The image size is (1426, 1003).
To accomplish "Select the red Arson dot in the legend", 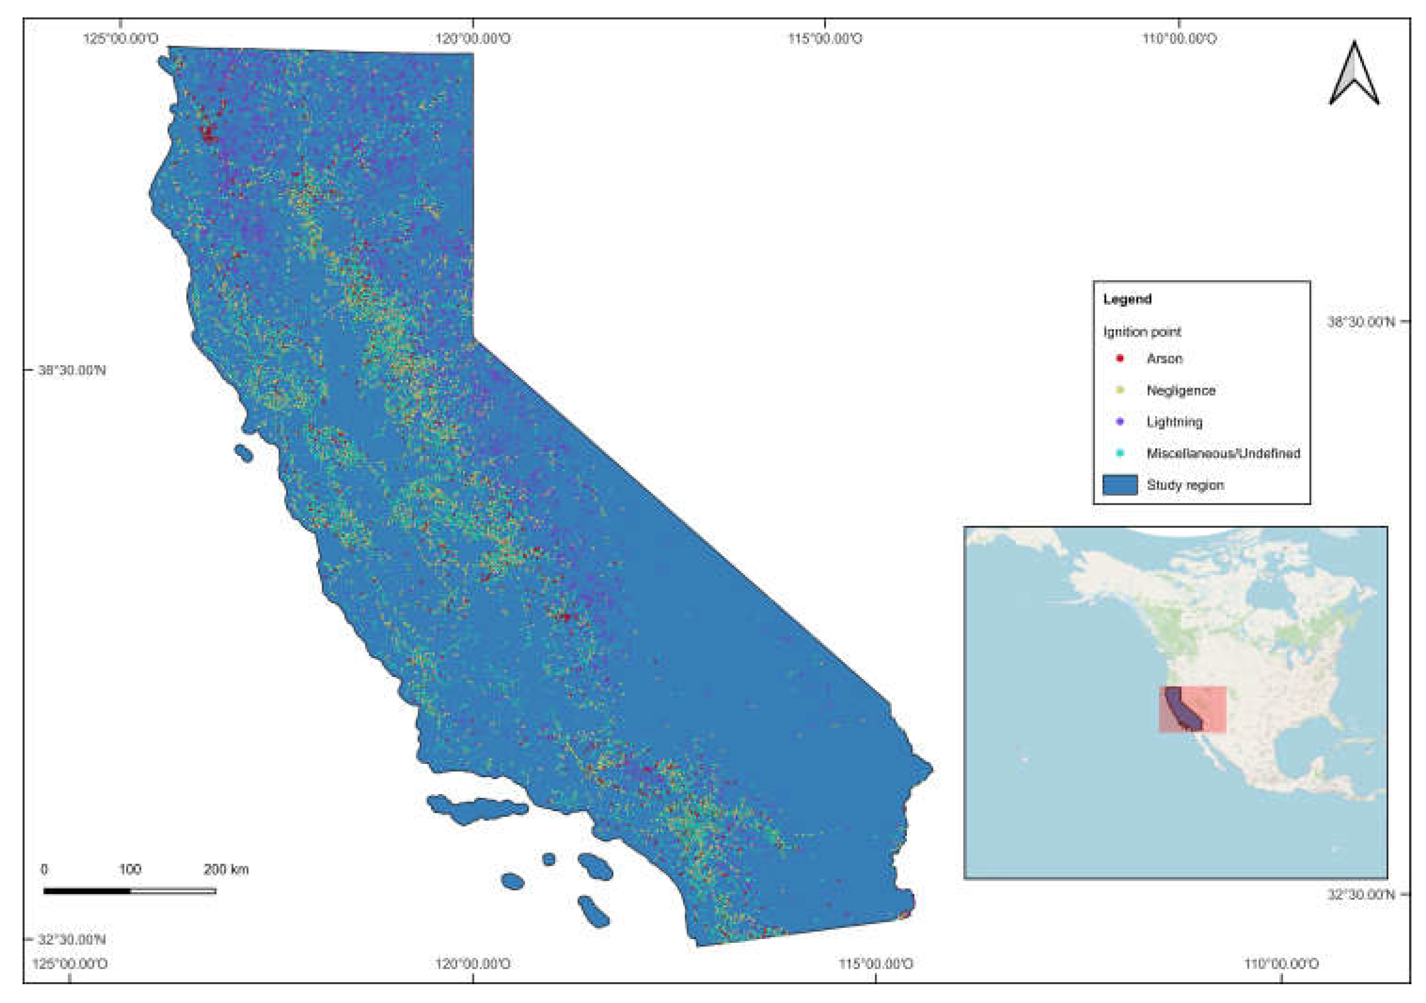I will click(1120, 358).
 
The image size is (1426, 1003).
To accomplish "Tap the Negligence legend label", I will click(1181, 391).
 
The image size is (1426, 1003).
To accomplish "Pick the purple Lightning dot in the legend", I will click(1120, 422).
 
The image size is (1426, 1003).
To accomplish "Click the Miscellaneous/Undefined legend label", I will click(1223, 454).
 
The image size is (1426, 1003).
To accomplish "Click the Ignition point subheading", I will click(1142, 332).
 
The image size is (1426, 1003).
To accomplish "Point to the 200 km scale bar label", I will click(226, 869).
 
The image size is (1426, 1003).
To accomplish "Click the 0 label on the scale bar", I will click(44, 869).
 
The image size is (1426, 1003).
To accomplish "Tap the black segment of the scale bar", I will click(87, 891).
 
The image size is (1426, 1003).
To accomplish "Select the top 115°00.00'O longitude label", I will click(825, 39).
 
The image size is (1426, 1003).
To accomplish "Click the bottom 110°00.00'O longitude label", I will click(1281, 964).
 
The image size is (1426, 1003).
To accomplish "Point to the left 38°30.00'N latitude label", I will click(72, 370).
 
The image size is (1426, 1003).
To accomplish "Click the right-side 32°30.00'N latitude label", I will click(1361, 895).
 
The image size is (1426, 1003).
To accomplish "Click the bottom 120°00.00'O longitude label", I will click(473, 964).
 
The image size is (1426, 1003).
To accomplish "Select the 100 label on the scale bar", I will click(130, 869).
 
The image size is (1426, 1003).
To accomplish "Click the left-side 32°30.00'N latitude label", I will click(72, 939).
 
